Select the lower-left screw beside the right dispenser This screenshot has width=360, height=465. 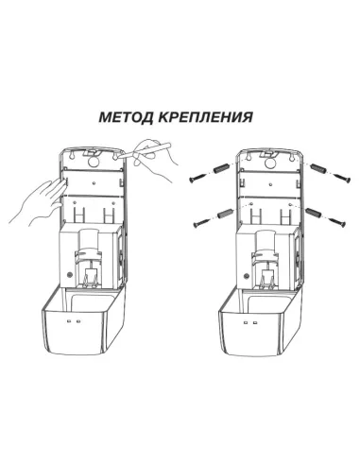click(200, 223)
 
